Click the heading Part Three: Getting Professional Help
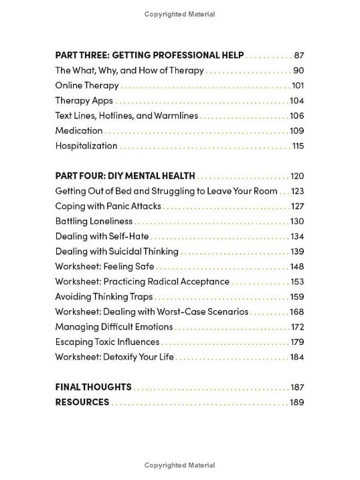(149, 55)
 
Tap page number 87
(298, 55)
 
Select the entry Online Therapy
(87, 86)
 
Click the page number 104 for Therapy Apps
(297, 101)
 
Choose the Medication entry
(79, 130)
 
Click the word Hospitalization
(86, 146)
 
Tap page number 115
(298, 146)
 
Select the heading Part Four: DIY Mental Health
(125, 176)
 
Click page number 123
(297, 191)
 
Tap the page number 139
(297, 251)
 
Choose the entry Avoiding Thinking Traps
(104, 296)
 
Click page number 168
(297, 312)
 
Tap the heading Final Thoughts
(93, 387)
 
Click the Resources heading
(82, 402)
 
